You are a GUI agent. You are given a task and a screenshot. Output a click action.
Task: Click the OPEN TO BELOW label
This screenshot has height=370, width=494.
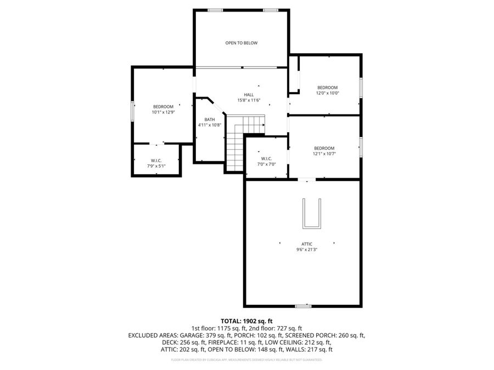(242, 43)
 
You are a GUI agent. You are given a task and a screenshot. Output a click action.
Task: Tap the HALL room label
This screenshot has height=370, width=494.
(249, 94)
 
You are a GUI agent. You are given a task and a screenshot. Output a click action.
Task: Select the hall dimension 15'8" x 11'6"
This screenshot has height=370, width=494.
(249, 100)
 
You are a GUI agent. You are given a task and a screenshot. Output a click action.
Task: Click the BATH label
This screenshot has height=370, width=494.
(210, 119)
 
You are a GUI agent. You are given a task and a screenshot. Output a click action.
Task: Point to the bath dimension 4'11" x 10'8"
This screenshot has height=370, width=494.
(210, 125)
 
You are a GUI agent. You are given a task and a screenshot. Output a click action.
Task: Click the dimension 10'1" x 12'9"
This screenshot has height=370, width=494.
(163, 112)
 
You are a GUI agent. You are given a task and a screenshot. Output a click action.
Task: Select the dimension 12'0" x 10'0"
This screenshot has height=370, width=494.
(328, 93)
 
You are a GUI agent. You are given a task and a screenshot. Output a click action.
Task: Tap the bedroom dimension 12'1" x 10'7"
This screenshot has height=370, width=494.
(324, 153)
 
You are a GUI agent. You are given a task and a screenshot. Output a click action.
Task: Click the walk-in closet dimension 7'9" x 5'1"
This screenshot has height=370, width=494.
(156, 166)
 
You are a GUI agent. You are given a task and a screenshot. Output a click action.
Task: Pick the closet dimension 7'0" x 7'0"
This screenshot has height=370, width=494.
(267, 164)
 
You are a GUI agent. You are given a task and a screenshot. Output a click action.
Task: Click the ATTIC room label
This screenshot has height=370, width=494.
(307, 243)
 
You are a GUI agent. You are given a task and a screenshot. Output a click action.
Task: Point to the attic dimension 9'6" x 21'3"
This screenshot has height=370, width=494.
(307, 249)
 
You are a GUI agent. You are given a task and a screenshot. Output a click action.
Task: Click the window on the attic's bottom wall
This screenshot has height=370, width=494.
(303, 306)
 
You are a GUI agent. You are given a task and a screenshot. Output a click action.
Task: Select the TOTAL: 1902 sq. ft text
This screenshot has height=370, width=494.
(246, 321)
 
